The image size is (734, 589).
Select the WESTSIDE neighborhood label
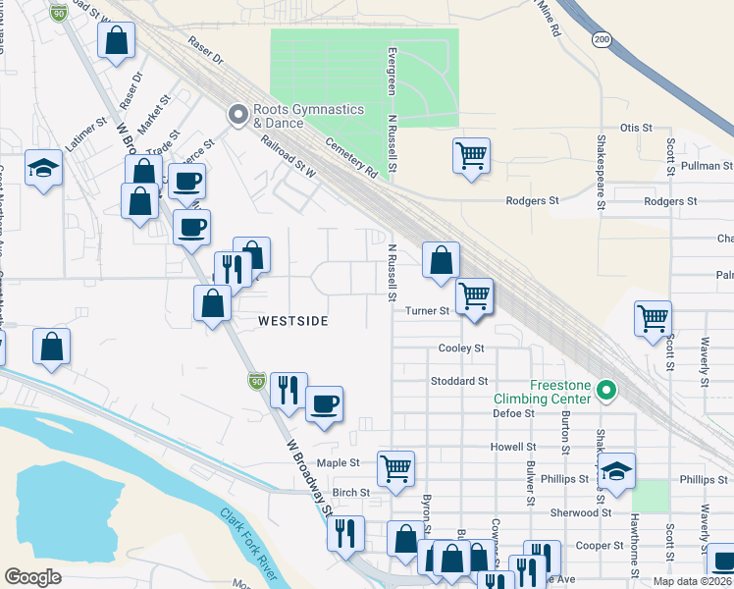[292, 321]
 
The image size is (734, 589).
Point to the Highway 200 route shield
[600, 38]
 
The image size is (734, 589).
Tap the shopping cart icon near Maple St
[395, 468]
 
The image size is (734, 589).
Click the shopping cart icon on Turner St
[475, 294]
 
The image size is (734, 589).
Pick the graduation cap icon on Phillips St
[616, 470]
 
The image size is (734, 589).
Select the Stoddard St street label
[459, 381]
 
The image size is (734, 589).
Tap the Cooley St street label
[461, 348]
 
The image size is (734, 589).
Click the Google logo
[33, 577]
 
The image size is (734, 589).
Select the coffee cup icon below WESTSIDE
[324, 402]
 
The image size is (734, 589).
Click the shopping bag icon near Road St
[116, 42]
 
